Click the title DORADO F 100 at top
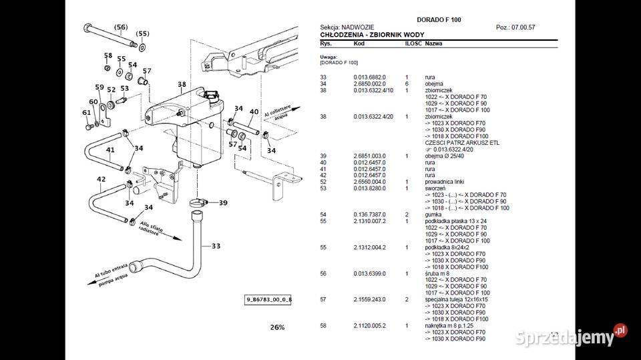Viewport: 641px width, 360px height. (439, 19)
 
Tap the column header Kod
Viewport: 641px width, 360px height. (359, 43)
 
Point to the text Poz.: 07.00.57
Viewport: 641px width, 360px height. (515, 27)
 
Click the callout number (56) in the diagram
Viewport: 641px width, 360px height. (121, 27)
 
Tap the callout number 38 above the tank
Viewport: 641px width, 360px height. (182, 84)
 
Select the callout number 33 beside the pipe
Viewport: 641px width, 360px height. (216, 246)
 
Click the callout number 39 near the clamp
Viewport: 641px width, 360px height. (222, 203)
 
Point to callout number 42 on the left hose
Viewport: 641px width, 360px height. (101, 179)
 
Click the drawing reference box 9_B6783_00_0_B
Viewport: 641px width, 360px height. (268, 300)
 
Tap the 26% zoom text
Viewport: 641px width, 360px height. (277, 327)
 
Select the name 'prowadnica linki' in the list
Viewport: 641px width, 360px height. (445, 182)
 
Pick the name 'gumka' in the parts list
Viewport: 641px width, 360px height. (433, 214)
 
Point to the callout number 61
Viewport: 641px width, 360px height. (86, 112)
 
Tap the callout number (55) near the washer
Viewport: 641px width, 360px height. (143, 33)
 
